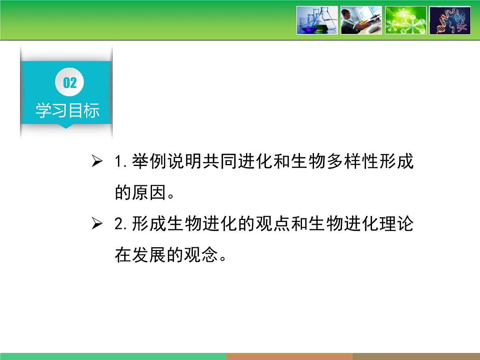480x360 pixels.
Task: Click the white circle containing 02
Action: pyautogui.click(x=70, y=83)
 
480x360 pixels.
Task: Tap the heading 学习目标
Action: pyautogui.click(x=67, y=111)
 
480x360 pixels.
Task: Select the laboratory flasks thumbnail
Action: pyautogui.click(x=317, y=20)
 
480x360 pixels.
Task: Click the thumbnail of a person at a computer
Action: pyautogui.click(x=361, y=20)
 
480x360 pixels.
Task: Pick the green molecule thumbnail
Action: pyautogui.click(x=405, y=20)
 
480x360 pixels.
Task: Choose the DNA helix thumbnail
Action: pyautogui.click(x=450, y=20)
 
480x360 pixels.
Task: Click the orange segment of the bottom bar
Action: pyautogui.click(x=289, y=356)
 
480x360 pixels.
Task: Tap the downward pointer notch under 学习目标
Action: pyautogui.click(x=66, y=126)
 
